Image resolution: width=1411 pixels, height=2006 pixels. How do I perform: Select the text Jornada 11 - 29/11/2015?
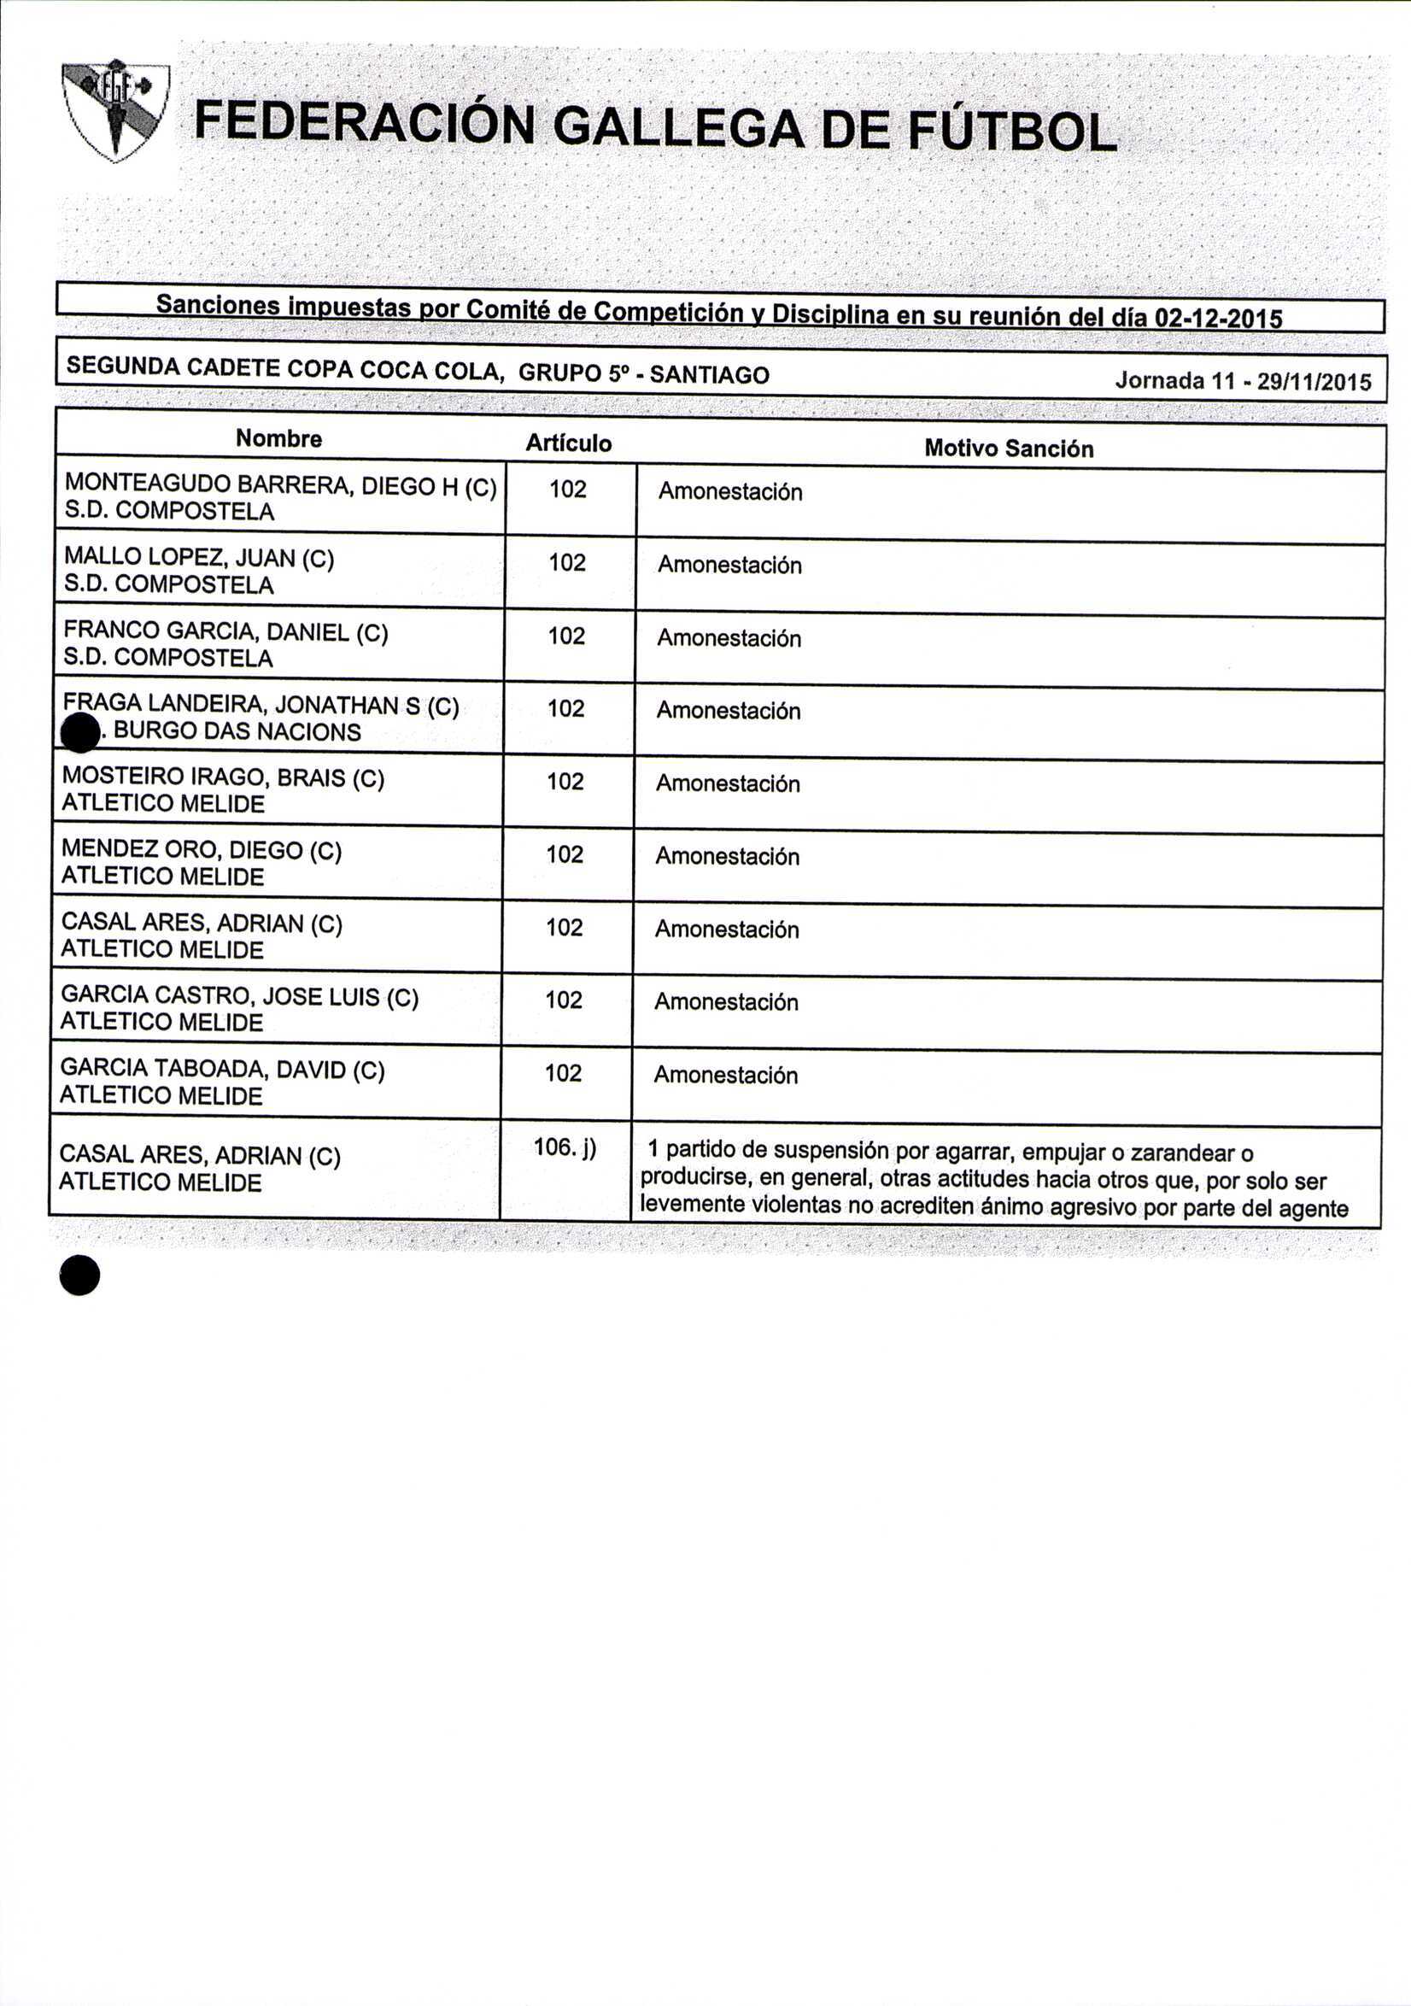(1243, 381)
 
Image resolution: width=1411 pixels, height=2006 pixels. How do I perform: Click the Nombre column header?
(278, 438)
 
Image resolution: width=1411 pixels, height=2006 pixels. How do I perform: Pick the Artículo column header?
(568, 443)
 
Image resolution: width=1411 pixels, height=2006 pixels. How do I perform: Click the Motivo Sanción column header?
(1008, 449)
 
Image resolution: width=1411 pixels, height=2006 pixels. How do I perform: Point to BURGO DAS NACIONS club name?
(237, 731)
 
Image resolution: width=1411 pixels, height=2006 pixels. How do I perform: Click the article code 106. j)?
(565, 1147)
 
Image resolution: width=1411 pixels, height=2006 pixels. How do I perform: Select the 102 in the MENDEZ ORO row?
(565, 853)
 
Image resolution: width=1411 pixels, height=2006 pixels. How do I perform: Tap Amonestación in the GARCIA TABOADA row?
(725, 1075)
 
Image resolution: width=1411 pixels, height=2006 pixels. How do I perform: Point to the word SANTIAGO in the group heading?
(710, 375)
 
